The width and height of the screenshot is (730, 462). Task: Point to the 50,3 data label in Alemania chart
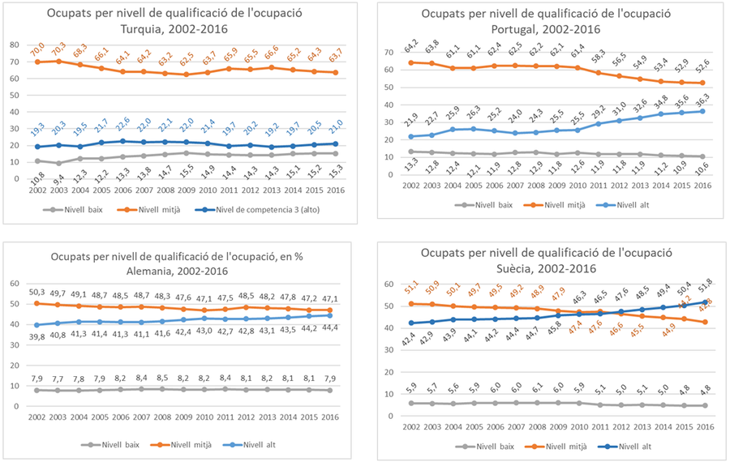pos(37,292)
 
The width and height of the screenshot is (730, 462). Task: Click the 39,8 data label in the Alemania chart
pos(37,337)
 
